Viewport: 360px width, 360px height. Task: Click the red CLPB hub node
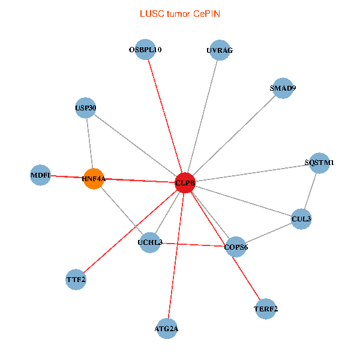click(x=185, y=182)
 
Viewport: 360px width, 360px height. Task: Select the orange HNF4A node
click(x=94, y=178)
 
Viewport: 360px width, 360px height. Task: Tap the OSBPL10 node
click(x=145, y=50)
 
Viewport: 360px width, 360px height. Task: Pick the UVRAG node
click(x=219, y=50)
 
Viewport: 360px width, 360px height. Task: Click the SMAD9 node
click(x=283, y=88)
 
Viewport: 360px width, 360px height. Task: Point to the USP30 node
click(x=86, y=108)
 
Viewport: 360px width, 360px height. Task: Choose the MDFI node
click(x=40, y=175)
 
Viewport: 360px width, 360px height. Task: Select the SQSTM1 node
click(x=319, y=163)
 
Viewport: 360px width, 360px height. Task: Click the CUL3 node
click(x=301, y=219)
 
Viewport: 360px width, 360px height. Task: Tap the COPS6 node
click(x=236, y=247)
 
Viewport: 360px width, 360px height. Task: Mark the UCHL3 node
click(x=149, y=242)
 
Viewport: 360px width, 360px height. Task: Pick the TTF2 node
click(x=76, y=279)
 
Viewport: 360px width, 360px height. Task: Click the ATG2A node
click(x=166, y=328)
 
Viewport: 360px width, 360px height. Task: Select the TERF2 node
click(x=266, y=310)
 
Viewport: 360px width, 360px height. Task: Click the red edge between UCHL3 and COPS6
click(x=193, y=244)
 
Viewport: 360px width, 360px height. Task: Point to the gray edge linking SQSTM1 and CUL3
click(x=310, y=191)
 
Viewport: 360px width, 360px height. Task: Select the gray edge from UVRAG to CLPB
click(x=202, y=116)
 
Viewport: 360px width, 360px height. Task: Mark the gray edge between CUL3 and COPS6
click(x=268, y=233)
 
